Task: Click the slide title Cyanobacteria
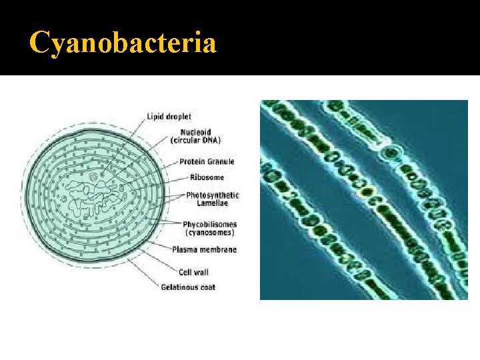pos(123,44)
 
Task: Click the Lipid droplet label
pos(169,117)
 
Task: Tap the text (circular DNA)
pos(196,140)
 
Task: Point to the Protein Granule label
pos(207,161)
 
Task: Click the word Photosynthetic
pos(212,195)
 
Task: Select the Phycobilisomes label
pos(211,224)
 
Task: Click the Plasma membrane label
pos(204,250)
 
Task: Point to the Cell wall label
pos(195,271)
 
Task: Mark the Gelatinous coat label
pos(188,287)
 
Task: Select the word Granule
pos(221,161)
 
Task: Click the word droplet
pos(179,117)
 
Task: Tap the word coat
pos(207,287)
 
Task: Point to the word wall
pos(203,271)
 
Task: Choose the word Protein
pos(192,161)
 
